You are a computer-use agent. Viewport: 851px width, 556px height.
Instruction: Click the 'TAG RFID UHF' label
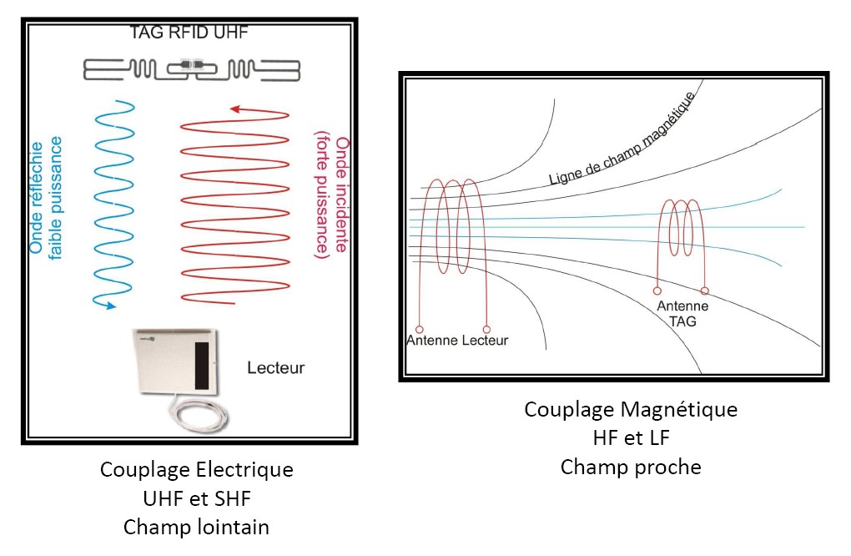pyautogui.click(x=189, y=33)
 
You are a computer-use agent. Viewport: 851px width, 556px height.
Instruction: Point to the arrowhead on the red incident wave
pyautogui.click(x=235, y=109)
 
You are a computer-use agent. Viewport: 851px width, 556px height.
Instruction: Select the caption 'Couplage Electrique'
pyautogui.click(x=196, y=470)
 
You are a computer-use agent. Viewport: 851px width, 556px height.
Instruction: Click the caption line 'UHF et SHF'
pyautogui.click(x=196, y=498)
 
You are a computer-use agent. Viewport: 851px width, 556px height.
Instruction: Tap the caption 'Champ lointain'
pyautogui.click(x=196, y=528)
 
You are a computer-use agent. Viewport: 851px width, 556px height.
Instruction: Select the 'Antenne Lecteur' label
pyautogui.click(x=456, y=340)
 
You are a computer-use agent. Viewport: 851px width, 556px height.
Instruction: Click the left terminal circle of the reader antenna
pyautogui.click(x=419, y=328)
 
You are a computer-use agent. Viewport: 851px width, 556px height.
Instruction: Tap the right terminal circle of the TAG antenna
pyautogui.click(x=705, y=291)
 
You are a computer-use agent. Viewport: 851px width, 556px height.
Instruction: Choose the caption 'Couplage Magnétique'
pyautogui.click(x=631, y=410)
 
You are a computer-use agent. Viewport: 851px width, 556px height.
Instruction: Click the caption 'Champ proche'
pyautogui.click(x=631, y=467)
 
